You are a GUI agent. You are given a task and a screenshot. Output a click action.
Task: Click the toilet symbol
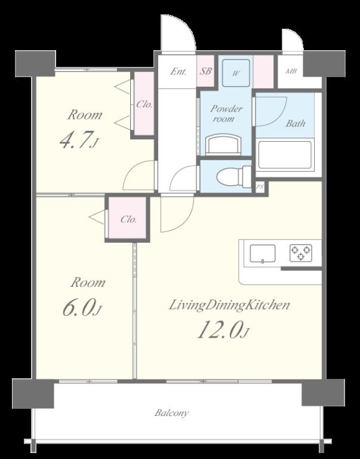tap(234, 176)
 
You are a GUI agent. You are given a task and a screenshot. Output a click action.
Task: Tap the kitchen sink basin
tap(263, 253)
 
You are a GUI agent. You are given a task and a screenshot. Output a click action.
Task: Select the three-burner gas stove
tap(301, 253)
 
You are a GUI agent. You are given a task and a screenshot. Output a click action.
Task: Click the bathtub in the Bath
tap(285, 155)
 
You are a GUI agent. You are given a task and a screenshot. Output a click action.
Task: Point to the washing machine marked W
tap(236, 73)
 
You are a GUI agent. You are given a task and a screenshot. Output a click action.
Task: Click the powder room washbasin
tap(224, 145)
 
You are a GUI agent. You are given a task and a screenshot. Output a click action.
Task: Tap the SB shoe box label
tap(206, 71)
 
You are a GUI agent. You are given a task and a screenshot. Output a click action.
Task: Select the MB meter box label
tap(291, 71)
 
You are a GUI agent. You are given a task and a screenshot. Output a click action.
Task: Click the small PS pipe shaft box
tap(260, 186)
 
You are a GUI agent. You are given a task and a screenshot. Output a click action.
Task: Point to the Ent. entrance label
tap(178, 72)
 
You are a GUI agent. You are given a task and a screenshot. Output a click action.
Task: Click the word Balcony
tap(171, 413)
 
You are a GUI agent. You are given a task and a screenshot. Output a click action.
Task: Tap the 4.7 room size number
tap(74, 140)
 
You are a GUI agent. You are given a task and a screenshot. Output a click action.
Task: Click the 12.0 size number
tap(219, 330)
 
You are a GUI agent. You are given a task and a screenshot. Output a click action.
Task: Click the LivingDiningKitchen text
tap(230, 305)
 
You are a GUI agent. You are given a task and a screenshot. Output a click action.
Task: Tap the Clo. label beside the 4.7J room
tap(144, 104)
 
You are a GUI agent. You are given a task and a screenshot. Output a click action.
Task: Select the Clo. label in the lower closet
tap(128, 219)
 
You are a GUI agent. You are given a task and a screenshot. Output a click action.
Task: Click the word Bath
tap(296, 123)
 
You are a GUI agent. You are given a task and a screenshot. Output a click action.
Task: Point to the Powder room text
tap(226, 114)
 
